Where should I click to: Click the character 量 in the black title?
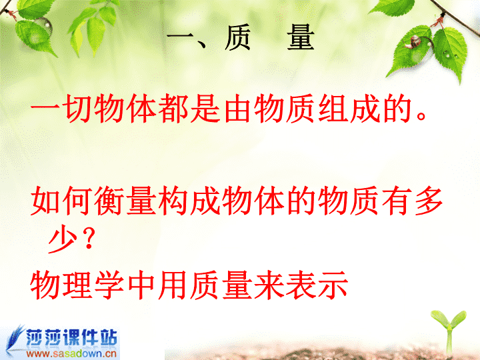click(x=301, y=37)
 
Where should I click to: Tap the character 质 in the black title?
click(x=238, y=37)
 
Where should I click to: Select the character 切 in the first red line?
click(x=78, y=108)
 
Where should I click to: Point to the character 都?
click(x=173, y=108)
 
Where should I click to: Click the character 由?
click(x=237, y=108)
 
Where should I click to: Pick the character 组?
click(x=333, y=108)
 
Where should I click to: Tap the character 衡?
click(x=109, y=201)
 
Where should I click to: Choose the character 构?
click(x=173, y=201)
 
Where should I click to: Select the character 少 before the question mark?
click(x=63, y=240)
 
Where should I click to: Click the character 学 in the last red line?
click(x=109, y=285)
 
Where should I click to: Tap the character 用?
click(x=173, y=285)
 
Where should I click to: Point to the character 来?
click(x=269, y=285)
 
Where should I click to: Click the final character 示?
click(x=333, y=285)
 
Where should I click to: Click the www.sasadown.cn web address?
click(x=71, y=354)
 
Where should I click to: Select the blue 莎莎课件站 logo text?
click(x=71, y=337)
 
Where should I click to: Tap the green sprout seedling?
click(x=449, y=331)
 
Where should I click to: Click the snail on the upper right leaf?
click(x=414, y=41)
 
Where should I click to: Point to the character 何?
click(x=78, y=201)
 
